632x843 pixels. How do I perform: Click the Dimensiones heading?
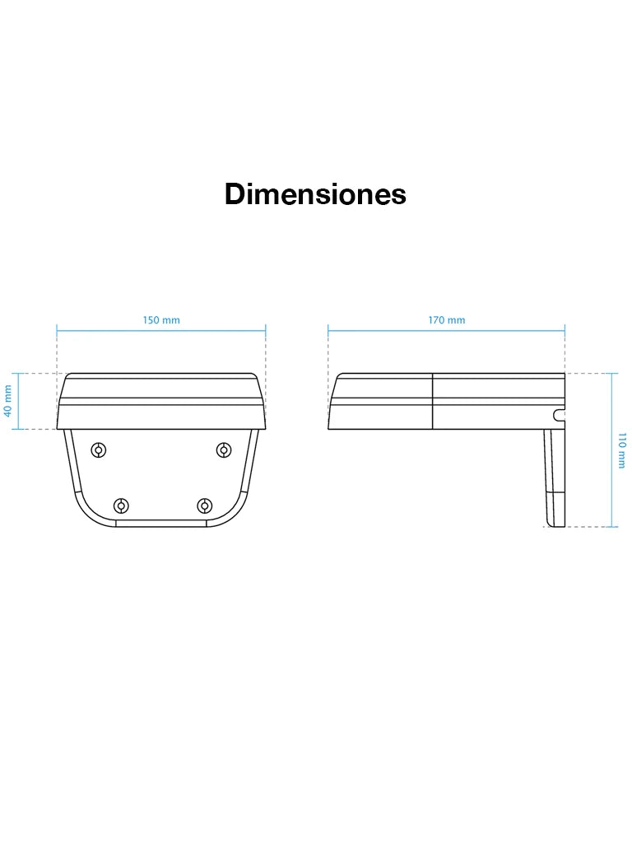(315, 194)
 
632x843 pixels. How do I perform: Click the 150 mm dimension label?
(161, 320)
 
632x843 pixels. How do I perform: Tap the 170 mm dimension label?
(447, 320)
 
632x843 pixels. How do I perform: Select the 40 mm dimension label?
(8, 401)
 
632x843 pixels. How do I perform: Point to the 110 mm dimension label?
(622, 450)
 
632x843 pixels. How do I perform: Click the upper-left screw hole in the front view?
(99, 449)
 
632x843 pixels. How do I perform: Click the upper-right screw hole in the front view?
(224, 449)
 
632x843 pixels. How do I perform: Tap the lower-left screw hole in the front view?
(122, 506)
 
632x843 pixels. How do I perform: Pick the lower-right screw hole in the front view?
(204, 506)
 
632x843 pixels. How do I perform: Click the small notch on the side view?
(559, 415)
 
